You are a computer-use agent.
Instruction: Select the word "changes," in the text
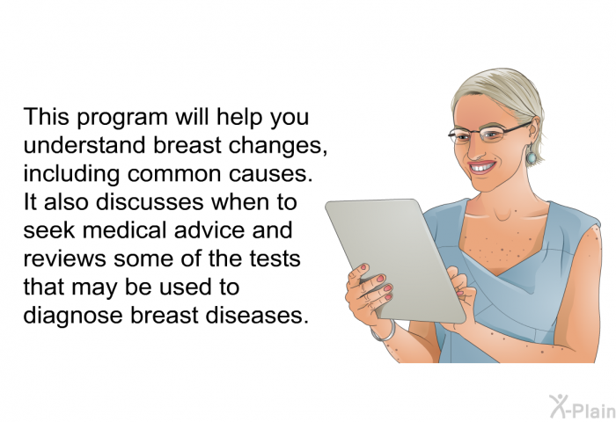point(278,146)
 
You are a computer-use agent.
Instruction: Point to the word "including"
point(71,175)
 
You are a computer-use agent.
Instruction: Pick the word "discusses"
point(150,202)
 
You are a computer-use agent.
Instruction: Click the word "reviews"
point(65,259)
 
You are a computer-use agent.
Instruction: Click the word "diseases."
point(257,316)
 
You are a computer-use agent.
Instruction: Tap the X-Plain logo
point(582,406)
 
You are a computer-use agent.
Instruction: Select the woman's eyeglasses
point(489,134)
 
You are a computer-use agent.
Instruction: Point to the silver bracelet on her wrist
point(385,332)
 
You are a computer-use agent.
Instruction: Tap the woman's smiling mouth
point(482,167)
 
